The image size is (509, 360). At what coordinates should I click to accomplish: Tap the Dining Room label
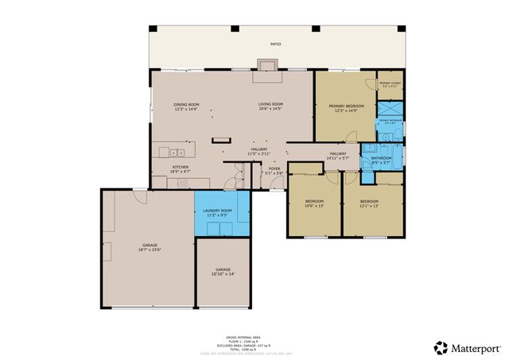(186, 106)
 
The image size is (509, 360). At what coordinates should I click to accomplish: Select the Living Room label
(270, 106)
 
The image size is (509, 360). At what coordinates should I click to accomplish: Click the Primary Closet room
(390, 85)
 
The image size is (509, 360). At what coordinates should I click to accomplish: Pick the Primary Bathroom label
(390, 122)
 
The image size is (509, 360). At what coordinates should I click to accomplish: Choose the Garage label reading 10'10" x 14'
(223, 272)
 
